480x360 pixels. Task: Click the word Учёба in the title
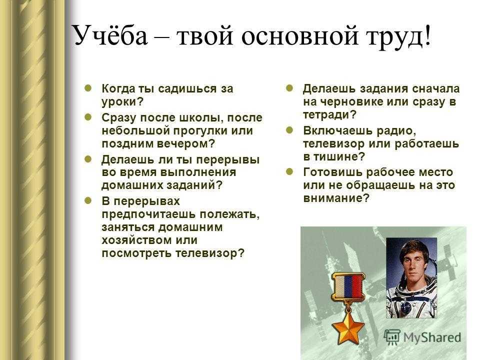109,35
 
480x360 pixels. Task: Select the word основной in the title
299,36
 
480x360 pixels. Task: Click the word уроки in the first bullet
119,102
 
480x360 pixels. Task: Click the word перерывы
227,160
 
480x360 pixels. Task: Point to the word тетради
326,115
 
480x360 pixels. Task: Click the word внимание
333,198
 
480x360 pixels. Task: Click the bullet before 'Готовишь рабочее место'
289,171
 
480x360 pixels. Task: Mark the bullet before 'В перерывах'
88,200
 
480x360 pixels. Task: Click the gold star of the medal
348,327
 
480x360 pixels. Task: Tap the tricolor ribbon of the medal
348,285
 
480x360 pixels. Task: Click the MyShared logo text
431,337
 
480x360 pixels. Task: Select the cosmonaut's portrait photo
411,278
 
